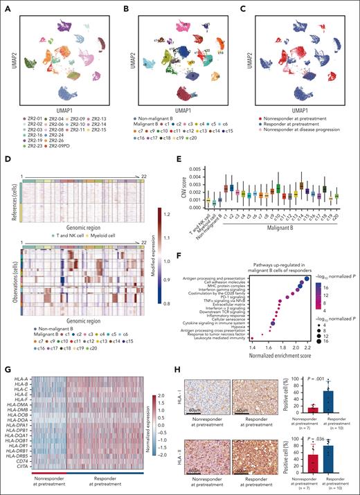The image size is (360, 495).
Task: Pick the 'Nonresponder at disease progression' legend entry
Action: tap(296, 104)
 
